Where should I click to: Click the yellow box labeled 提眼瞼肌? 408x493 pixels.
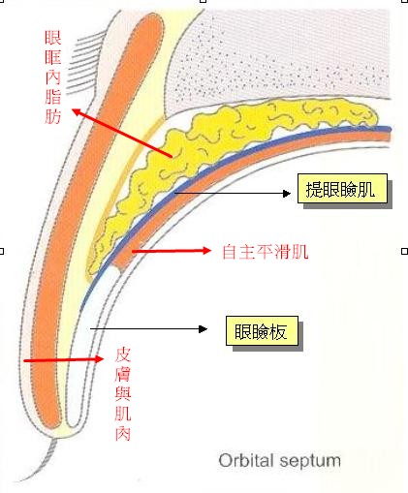tap(342, 189)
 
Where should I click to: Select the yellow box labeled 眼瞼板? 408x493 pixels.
tap(262, 331)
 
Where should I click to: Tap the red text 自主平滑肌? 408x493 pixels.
tap(266, 252)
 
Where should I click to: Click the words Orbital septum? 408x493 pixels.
tap(279, 461)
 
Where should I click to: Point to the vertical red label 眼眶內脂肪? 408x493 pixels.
tap(53, 77)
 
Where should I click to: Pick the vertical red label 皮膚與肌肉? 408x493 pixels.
tap(123, 394)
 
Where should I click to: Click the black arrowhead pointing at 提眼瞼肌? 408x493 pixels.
tap(287, 194)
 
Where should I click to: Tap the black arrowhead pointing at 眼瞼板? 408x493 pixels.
tap(203, 329)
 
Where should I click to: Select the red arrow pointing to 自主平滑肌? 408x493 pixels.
tap(172, 251)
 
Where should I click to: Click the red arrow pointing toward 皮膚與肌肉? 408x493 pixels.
tap(64, 359)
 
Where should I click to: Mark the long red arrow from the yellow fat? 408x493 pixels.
tap(122, 133)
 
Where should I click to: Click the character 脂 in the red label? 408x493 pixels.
tap(53, 96)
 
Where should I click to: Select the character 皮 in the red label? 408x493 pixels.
tap(123, 354)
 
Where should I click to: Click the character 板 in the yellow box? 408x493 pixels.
tap(278, 331)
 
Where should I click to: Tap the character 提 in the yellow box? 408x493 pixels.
tap(314, 189)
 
